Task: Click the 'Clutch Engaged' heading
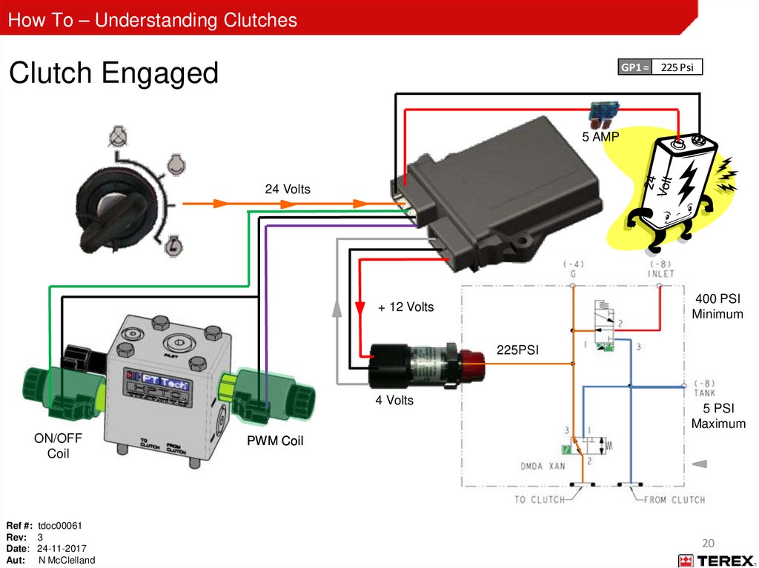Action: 113,73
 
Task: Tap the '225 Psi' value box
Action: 677,67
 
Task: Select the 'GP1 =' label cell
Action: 634,67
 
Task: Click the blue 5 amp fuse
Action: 601,111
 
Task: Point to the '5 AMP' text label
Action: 600,137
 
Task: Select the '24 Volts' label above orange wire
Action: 288,190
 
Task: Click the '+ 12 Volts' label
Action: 406,307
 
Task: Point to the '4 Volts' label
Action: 394,401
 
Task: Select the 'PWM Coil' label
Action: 276,442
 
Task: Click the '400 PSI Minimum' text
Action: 717,306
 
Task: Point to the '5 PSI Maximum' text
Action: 717,416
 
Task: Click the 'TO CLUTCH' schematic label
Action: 540,499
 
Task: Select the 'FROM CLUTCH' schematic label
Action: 673,499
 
